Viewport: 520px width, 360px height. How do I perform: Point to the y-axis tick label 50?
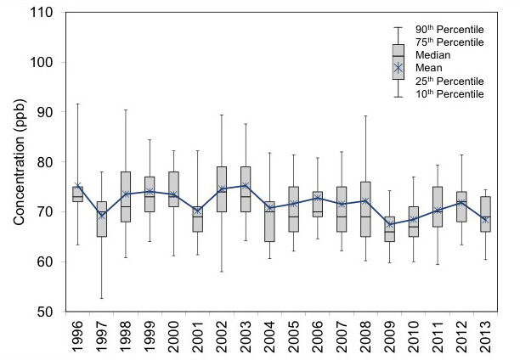coord(44,312)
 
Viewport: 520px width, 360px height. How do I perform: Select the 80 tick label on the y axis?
coord(44,162)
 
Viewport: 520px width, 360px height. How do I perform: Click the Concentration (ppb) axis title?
coord(18,162)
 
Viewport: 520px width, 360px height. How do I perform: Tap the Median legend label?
coord(434,55)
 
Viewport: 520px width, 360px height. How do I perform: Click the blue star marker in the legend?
coord(398,68)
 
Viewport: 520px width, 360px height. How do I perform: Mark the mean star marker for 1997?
coord(102,216)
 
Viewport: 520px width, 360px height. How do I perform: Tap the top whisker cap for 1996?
coord(77,104)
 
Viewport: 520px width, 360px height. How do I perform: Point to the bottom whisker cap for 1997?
coord(102,298)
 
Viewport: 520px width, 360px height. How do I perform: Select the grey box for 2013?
coord(486,214)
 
